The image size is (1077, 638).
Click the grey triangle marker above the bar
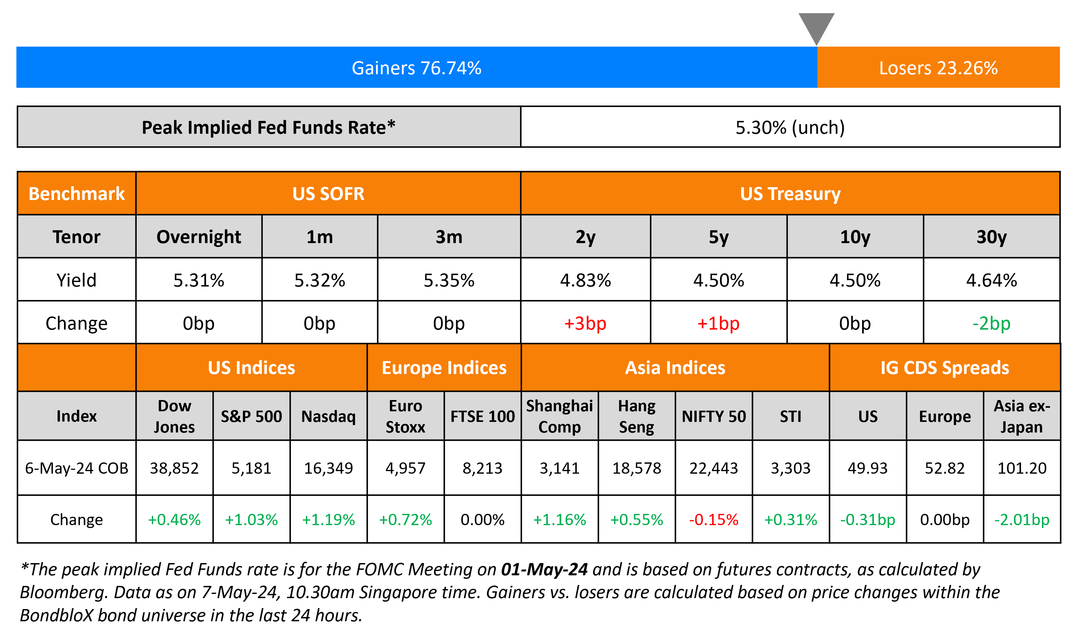[816, 26]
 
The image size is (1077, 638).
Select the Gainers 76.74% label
[416, 68]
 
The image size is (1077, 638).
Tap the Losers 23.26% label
[938, 68]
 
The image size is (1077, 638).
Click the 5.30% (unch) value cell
[790, 127]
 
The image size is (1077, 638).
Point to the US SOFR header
[328, 194]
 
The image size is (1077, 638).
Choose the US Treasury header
[790, 194]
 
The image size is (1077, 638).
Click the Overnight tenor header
[198, 237]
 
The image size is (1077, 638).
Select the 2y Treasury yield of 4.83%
[585, 280]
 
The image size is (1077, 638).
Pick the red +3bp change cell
[585, 323]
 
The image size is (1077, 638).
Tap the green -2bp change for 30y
[991, 323]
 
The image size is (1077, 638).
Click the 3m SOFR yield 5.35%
[449, 280]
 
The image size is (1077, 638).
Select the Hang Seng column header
[636, 416]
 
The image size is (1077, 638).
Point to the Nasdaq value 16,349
[328, 468]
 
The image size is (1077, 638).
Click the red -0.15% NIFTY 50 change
[713, 519]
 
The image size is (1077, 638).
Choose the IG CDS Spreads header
[944, 368]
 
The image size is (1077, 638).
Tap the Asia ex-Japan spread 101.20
[1022, 468]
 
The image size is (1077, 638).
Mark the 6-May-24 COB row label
[77, 468]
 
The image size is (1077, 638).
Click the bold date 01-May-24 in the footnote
[544, 569]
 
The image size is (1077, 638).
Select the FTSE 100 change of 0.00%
[483, 519]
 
